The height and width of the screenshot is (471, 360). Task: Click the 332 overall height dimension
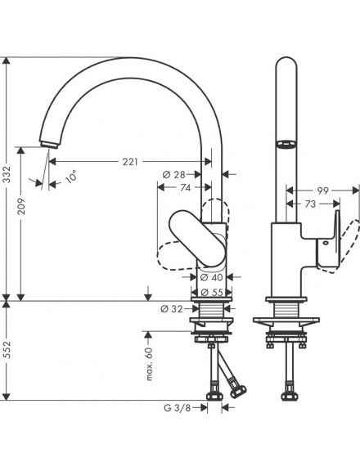pos(7,174)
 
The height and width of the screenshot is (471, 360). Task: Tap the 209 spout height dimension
pos(21,206)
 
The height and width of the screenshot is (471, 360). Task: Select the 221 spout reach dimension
pos(130,162)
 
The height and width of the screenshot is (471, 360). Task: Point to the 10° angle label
pos(71,177)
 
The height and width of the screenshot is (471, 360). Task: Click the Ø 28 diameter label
pos(174,174)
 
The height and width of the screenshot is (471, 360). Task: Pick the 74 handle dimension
pos(186,188)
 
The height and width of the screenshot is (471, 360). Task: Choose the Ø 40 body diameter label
pos(212,277)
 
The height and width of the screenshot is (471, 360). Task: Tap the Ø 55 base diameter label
pos(212,292)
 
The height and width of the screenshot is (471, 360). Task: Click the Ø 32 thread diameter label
pos(172,309)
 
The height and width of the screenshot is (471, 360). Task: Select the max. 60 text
pos(150,364)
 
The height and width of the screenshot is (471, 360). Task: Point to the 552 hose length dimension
pos(7,349)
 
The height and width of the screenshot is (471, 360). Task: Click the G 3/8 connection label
pos(177,408)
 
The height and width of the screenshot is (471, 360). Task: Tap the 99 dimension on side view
pos(323,191)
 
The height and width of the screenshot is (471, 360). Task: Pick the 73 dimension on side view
pos(310,204)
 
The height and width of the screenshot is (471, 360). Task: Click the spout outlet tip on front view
pos(49,145)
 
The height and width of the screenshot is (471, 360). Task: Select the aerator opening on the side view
pos(286,145)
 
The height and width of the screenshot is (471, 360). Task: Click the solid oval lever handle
pos(197,238)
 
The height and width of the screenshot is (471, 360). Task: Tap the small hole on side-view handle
pos(326,243)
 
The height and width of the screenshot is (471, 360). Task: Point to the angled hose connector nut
pos(238,391)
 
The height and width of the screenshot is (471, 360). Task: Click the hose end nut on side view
pos(289,397)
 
